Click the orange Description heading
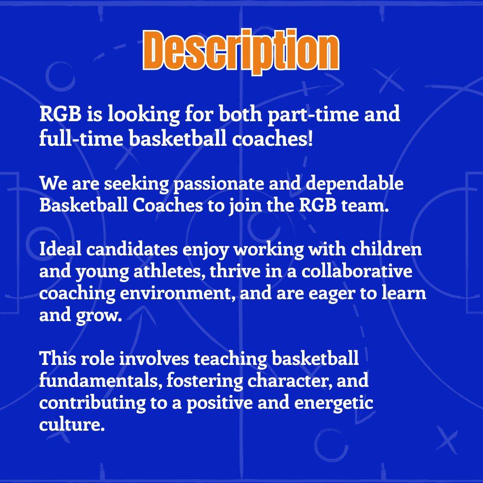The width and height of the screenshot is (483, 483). point(241,51)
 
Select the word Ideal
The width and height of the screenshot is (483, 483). point(60,250)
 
